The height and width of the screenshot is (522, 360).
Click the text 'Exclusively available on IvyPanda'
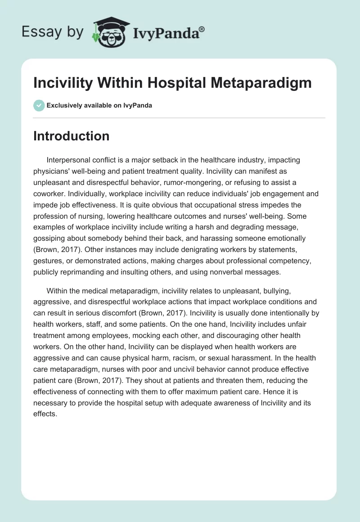[x=99, y=106]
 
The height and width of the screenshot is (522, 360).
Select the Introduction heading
[x=71, y=136]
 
